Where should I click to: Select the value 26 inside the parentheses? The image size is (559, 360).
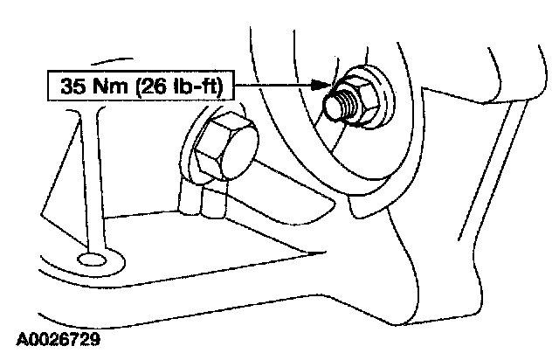point(146,87)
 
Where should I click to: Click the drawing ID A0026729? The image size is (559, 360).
point(58,336)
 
